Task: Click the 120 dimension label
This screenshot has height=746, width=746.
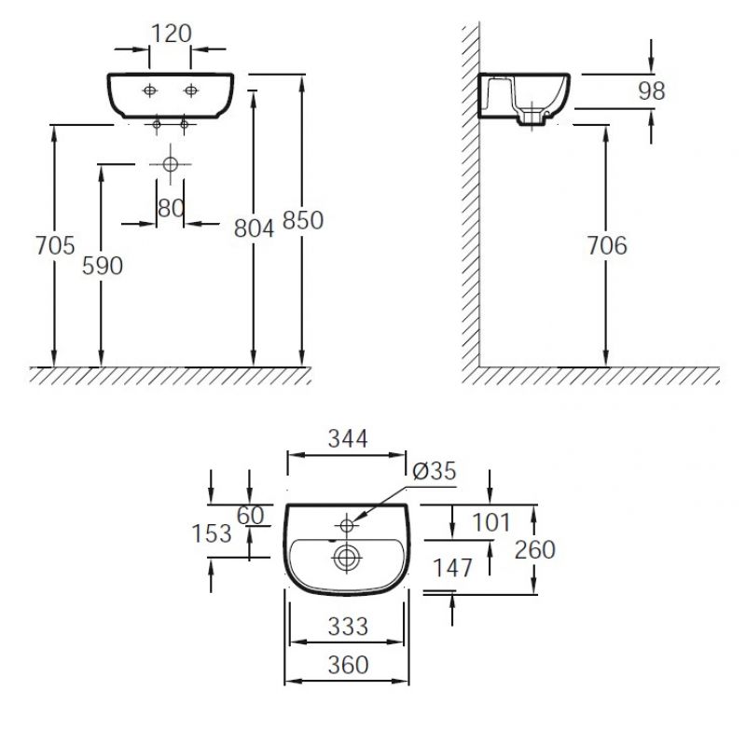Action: [172, 34]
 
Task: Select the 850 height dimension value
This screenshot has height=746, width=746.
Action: [303, 220]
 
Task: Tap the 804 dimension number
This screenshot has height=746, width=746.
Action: [254, 228]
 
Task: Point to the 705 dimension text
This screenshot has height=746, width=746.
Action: [55, 245]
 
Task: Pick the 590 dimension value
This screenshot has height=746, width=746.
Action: [103, 266]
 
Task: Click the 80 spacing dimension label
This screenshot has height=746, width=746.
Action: [171, 208]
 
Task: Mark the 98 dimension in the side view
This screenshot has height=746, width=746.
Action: [651, 90]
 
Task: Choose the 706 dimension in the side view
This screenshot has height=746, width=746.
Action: [607, 245]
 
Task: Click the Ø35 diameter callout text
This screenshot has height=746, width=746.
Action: [435, 471]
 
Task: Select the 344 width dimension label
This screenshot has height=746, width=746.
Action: [348, 438]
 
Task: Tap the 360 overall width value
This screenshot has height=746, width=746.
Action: [348, 665]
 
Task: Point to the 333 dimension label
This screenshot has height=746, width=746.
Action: [348, 627]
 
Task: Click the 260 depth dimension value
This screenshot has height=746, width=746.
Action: [535, 550]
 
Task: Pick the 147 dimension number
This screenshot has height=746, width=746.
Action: [452, 568]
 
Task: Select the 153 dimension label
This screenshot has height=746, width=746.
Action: [212, 533]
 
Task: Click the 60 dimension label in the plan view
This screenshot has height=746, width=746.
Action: [250, 516]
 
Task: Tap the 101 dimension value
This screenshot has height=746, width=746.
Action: [491, 522]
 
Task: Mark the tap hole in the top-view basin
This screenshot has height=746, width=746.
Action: [347, 525]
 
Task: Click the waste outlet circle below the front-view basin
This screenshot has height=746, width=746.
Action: [171, 164]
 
